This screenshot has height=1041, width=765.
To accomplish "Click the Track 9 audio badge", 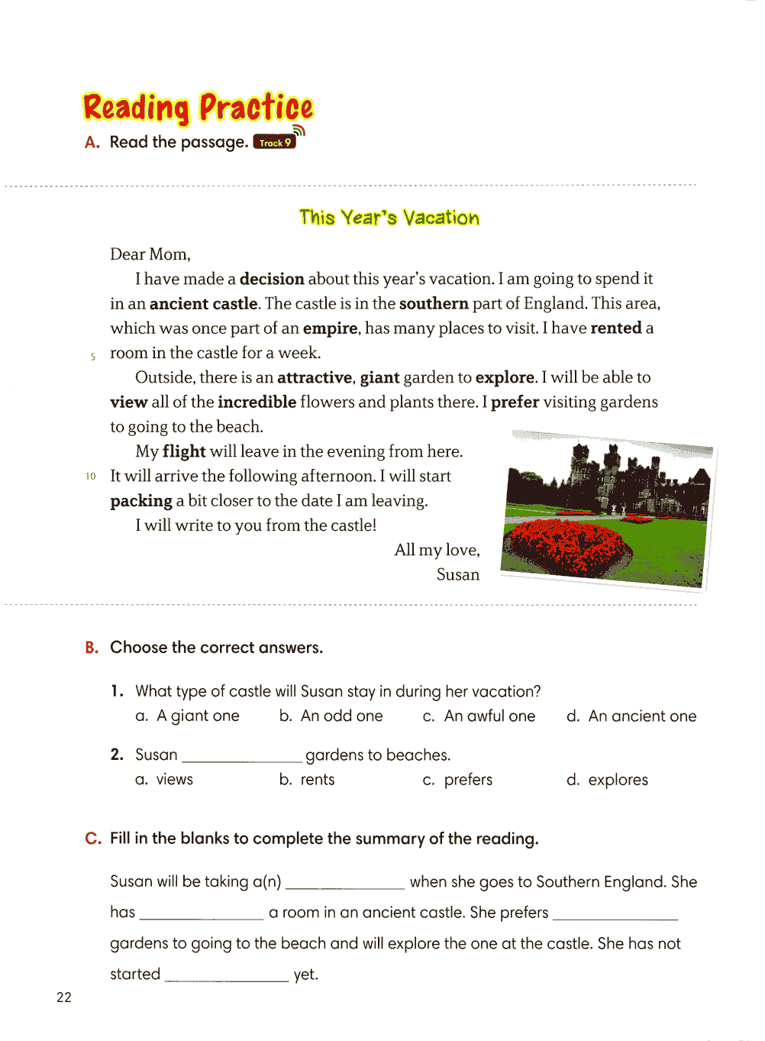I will [x=275, y=142].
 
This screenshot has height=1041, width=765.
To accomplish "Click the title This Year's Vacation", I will [x=389, y=218].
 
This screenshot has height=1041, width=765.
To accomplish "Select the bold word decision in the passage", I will [x=272, y=279].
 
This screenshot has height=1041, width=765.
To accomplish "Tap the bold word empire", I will [x=330, y=328].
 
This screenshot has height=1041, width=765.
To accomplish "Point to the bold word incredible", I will [x=257, y=402].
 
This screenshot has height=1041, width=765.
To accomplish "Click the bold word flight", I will [x=184, y=451].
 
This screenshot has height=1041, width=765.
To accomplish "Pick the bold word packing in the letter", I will [x=141, y=501].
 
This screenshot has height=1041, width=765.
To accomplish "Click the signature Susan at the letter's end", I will [x=458, y=574].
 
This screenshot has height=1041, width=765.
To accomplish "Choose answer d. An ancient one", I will [x=631, y=716].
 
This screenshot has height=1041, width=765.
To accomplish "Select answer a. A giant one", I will [x=188, y=716].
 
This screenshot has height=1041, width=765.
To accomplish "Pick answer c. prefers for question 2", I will [x=458, y=780].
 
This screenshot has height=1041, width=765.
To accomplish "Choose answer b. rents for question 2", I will [x=307, y=780].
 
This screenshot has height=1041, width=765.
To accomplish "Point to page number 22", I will [x=64, y=997].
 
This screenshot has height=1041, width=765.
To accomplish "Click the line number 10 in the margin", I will [x=91, y=477].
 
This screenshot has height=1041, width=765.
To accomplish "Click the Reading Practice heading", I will [x=198, y=108].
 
